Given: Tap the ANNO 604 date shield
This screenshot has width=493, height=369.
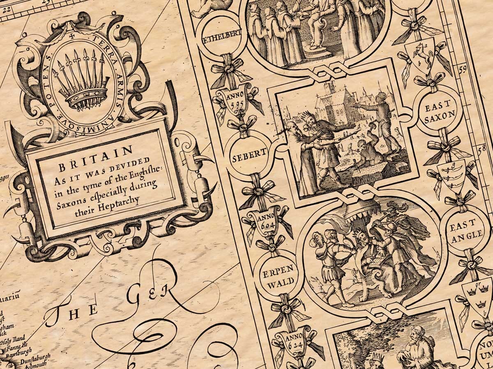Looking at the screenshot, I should pyautogui.click(x=267, y=223).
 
